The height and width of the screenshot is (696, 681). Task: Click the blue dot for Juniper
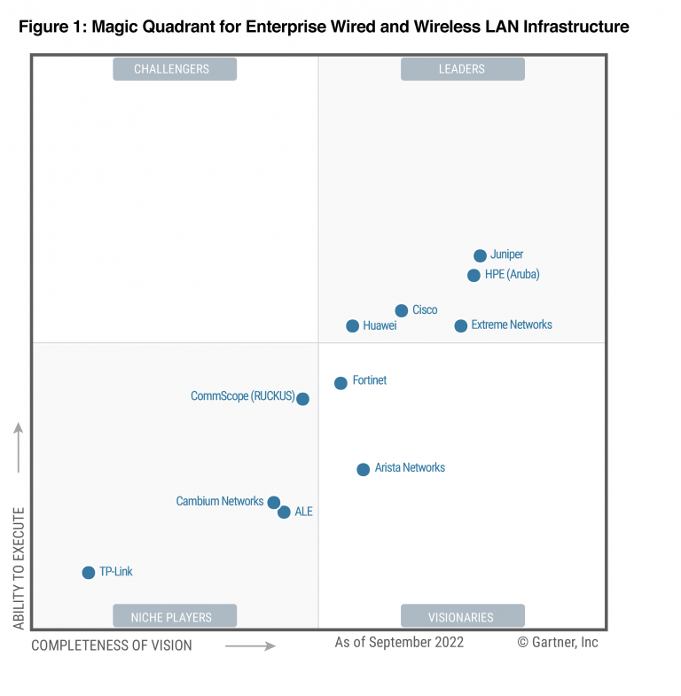480,255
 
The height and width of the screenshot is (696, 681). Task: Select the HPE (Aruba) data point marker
474,275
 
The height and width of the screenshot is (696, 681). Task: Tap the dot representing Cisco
401,310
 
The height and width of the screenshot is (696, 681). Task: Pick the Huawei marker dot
352,326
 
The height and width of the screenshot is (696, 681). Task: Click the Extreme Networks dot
460,326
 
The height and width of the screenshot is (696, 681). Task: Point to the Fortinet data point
340,383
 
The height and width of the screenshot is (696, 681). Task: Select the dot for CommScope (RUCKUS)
302,399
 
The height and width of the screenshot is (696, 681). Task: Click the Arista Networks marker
363,469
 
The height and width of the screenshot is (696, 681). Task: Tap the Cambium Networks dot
273,502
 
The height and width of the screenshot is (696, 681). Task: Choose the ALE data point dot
284,512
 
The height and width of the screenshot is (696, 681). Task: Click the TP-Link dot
88,573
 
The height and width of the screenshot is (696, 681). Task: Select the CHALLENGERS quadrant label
175,69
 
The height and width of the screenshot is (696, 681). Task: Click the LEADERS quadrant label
462,69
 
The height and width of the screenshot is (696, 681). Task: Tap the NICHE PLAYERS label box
175,616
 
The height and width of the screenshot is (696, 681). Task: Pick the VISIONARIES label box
462,616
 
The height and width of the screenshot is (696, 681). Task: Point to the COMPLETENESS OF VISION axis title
112,645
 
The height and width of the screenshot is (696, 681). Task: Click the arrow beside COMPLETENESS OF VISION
250,646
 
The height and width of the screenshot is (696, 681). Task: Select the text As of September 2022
399,642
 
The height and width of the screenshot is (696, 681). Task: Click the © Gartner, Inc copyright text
558,642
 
